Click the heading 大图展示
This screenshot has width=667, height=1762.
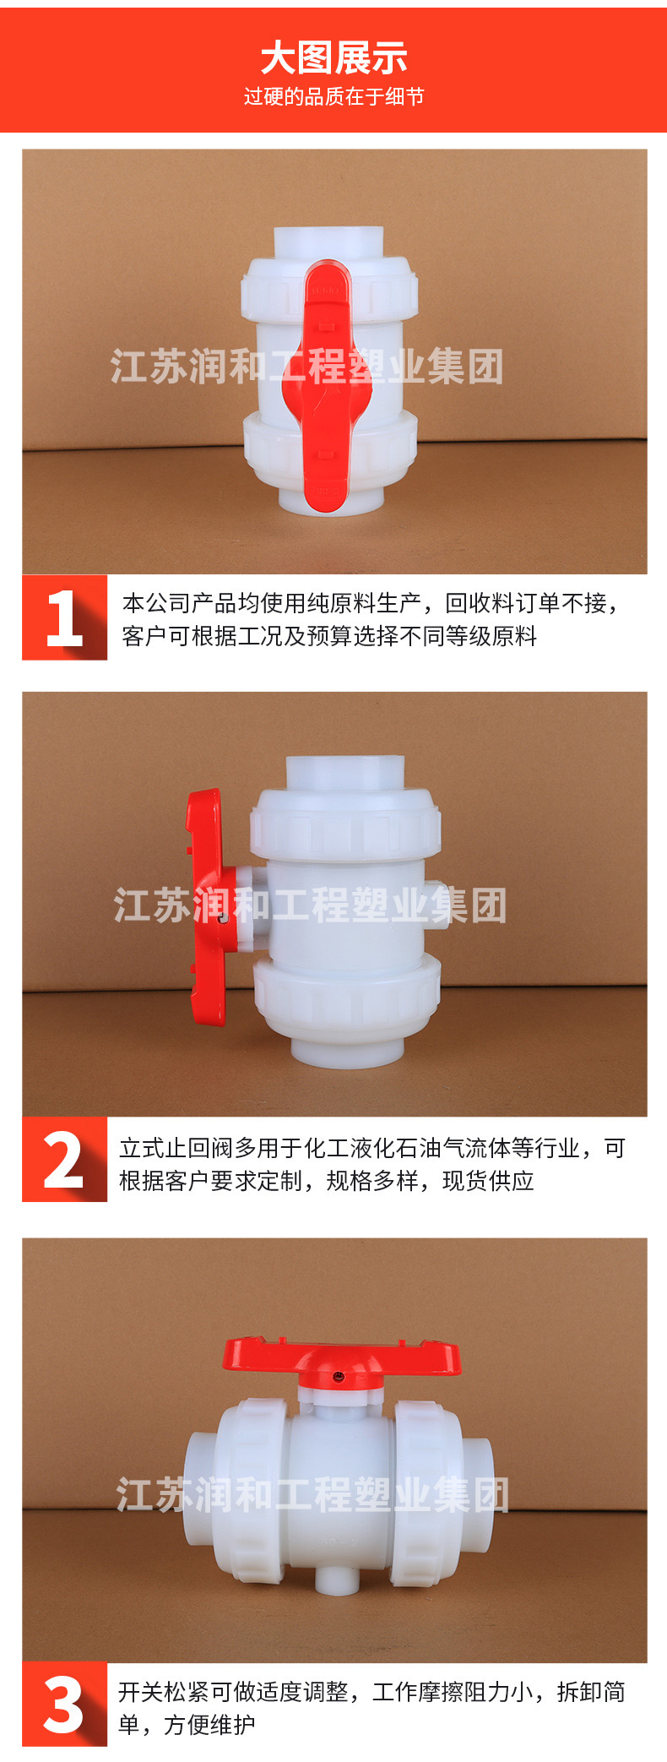point(333,58)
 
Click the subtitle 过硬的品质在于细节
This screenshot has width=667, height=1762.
point(333,97)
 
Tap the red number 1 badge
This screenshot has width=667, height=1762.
point(64,617)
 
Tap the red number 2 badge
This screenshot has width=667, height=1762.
point(64,1160)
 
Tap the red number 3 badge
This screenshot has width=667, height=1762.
point(64,1704)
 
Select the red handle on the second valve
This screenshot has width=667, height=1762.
point(207,908)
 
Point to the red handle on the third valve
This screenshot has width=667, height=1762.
point(341,1357)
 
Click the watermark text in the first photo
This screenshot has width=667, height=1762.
point(306,367)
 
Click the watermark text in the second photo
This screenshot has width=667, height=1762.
point(310,905)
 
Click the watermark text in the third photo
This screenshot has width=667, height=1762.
point(312,1495)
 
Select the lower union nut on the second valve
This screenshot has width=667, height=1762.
point(346,999)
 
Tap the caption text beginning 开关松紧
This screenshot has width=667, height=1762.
point(371,1708)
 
